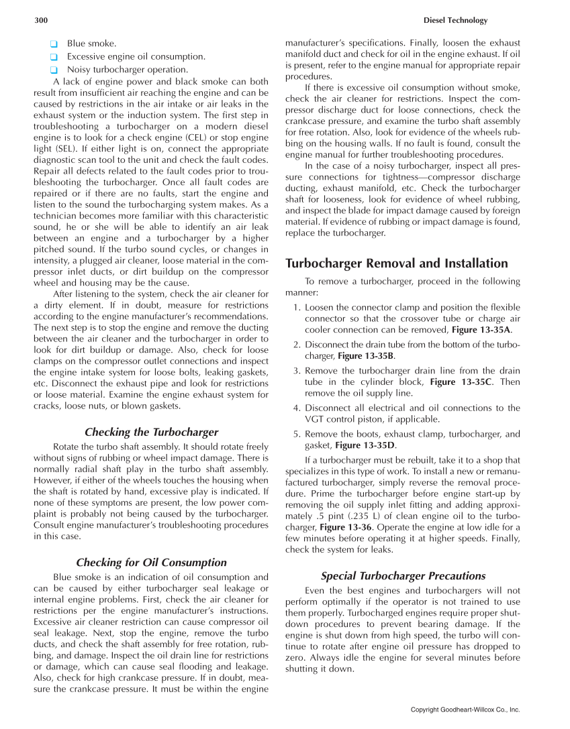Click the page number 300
click(41, 21)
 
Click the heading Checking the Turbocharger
click(151, 432)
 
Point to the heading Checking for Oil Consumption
click(151, 562)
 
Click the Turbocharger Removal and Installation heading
click(397, 263)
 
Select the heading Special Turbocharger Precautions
click(403, 575)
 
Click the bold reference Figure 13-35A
click(481, 331)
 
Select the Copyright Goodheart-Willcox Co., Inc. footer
click(465, 709)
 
